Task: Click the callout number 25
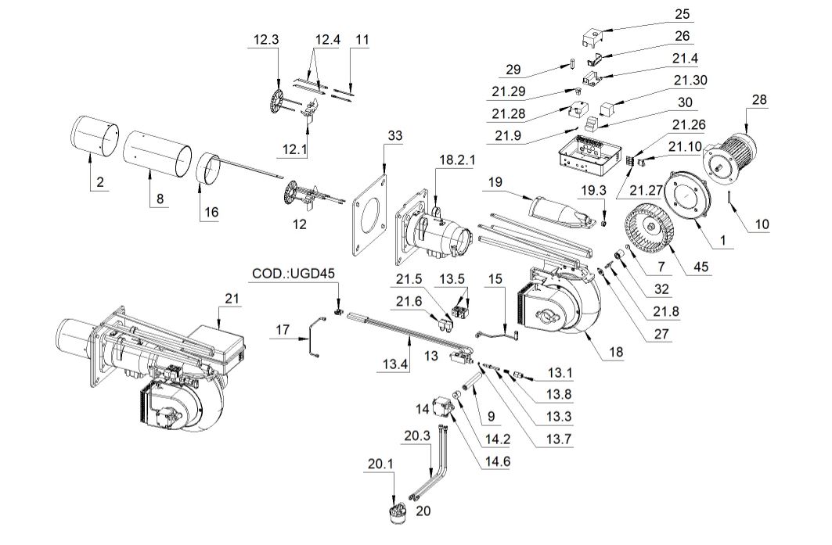[682, 14]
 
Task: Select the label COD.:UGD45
[294, 273]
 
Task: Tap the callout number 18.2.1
[457, 160]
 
